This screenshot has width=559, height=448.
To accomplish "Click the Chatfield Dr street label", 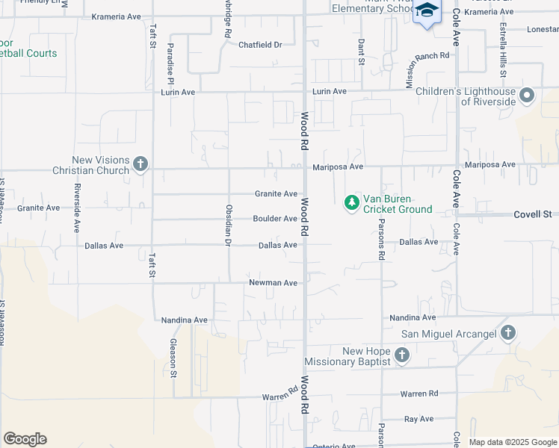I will tap(260, 45).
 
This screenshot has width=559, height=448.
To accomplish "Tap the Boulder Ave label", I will tap(275, 219).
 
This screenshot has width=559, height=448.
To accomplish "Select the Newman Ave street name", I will tap(274, 283).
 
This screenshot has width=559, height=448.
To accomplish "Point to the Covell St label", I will tap(532, 215).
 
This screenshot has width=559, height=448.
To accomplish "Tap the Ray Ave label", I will tap(419, 419).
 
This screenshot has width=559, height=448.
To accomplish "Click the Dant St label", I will tap(360, 51).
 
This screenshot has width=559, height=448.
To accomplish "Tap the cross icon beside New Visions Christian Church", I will tap(140, 164).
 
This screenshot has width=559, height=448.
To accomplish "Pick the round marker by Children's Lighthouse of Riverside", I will tap(527, 95).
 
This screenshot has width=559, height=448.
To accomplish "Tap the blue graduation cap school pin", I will tap(427, 11).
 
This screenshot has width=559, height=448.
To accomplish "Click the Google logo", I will tap(25, 439).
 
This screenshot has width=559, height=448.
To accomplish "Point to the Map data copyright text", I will tap(513, 442).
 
